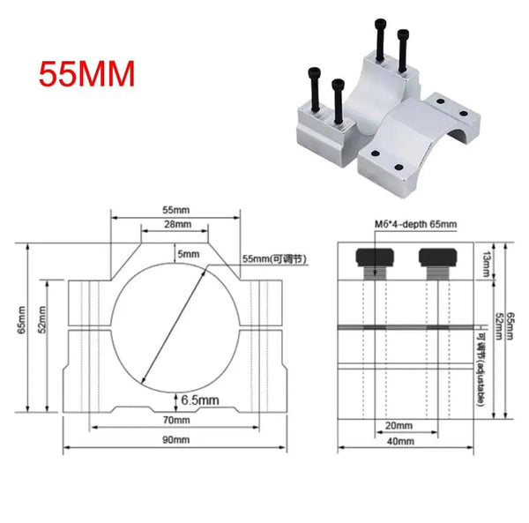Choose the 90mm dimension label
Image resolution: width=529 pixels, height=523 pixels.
(x=175, y=439)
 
